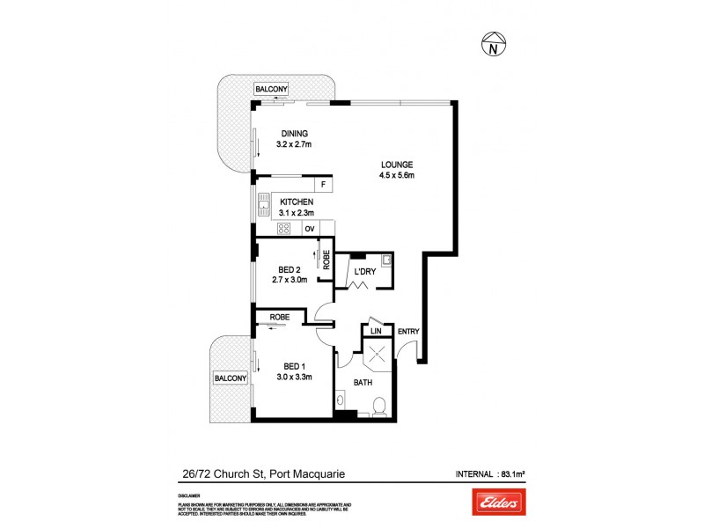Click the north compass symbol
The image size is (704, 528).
click(495, 45)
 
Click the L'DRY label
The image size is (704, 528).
click(364, 272)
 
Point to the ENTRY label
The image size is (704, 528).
click(408, 332)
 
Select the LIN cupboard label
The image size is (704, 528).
click(375, 331)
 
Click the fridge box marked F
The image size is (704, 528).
click(323, 185)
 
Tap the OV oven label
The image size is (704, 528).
click(309, 229)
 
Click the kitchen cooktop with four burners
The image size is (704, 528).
click(284, 229)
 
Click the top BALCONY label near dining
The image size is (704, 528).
click(269, 89)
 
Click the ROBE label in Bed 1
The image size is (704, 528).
click(280, 316)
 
